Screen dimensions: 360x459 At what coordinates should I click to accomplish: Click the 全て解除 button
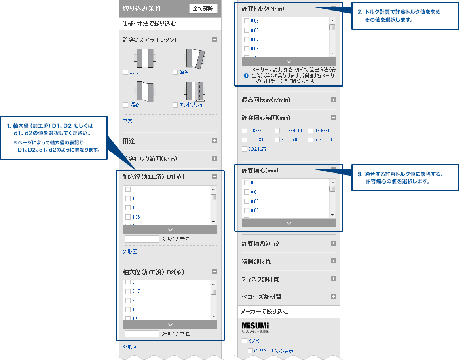203,9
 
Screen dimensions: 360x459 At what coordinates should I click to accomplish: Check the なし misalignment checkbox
126,72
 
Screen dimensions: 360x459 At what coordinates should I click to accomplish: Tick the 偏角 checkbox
175,72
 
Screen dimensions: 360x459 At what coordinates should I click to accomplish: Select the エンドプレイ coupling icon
194,92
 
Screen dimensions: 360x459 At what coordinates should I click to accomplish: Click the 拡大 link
127,121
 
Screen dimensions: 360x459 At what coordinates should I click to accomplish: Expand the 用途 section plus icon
214,140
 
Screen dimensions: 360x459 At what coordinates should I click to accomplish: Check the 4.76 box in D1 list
128,217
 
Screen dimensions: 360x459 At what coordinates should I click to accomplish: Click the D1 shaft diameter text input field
142,239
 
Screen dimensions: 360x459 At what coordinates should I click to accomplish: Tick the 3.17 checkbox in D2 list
128,291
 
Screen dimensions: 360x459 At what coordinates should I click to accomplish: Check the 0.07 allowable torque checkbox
247,40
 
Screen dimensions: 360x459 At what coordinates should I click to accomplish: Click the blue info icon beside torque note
246,75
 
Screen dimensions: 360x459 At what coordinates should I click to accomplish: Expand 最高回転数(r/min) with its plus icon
333,100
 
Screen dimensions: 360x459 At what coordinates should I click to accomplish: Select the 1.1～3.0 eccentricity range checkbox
244,140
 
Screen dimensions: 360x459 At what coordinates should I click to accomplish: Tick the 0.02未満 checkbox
244,149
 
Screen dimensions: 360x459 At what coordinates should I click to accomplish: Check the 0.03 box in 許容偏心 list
247,210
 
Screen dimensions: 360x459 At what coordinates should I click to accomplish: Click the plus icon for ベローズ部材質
333,297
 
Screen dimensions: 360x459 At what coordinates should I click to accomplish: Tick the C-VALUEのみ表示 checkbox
250,351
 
